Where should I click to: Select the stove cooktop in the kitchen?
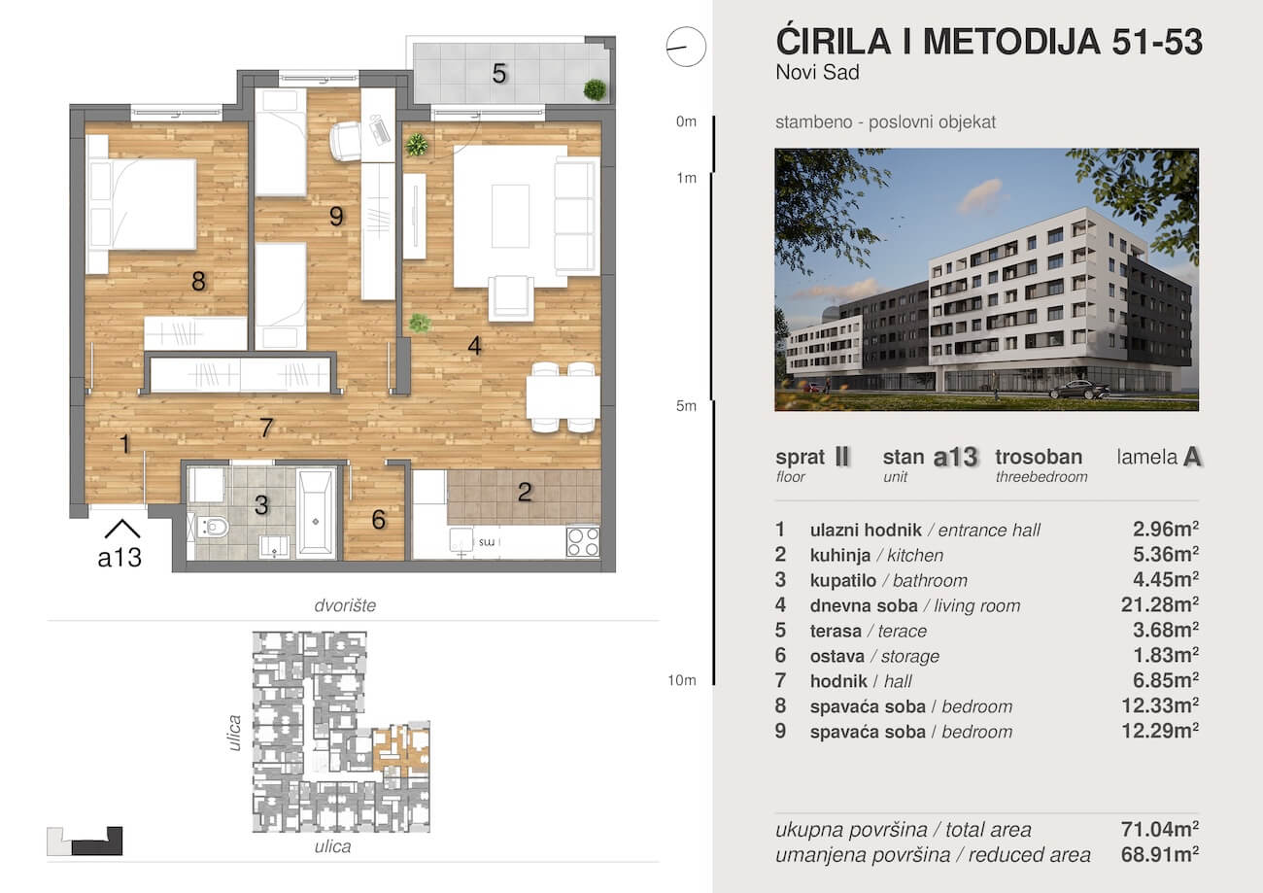coord(583,540)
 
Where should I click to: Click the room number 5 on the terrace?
coord(499,73)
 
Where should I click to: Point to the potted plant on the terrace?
coord(595,90)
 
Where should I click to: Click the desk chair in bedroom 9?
coord(345,142)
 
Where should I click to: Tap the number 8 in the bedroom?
coord(198,282)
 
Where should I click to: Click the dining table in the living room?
coord(563,396)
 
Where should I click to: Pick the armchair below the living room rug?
coord(511,296)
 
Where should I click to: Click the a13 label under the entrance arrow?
coord(119,558)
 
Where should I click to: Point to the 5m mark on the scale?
coord(687,406)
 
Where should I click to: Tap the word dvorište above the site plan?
coord(344,605)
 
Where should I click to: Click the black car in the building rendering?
coord(1079,390)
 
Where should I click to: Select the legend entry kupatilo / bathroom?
coord(888,581)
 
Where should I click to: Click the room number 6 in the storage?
coord(379,520)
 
